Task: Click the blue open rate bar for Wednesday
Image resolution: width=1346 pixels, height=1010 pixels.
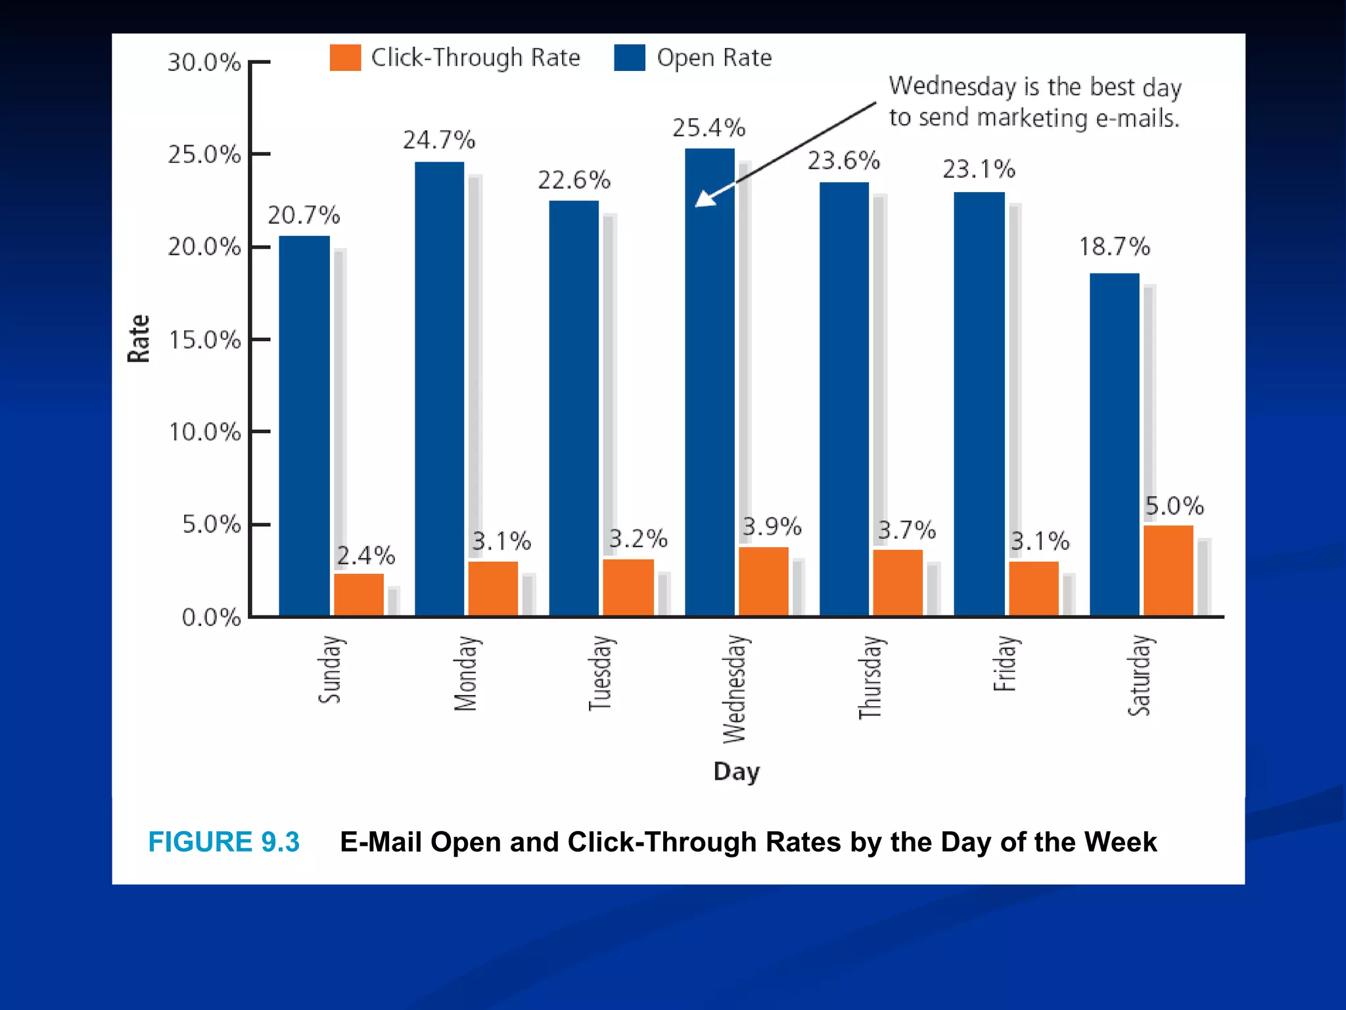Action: click(709, 395)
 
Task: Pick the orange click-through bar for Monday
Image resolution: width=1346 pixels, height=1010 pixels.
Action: click(493, 589)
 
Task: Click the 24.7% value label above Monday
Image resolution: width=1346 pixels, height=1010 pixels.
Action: click(438, 140)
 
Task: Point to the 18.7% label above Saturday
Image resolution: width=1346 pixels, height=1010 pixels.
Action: click(1114, 247)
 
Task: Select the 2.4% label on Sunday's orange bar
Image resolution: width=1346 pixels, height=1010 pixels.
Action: click(365, 556)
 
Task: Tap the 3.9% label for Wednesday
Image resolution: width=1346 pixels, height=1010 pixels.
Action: click(772, 527)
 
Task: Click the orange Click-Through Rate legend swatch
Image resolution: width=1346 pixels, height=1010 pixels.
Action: click(345, 58)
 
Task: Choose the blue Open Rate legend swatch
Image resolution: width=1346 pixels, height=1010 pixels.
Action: click(629, 58)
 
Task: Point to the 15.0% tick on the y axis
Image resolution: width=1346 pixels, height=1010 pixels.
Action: click(204, 340)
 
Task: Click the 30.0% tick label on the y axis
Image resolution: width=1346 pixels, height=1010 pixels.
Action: click(204, 62)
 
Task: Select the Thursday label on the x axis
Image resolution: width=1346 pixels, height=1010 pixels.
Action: click(871, 677)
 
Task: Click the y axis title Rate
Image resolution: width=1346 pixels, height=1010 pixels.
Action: click(139, 338)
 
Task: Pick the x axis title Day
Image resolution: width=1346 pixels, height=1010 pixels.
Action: click(736, 771)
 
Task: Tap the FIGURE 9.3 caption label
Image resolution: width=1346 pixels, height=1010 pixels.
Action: click(223, 842)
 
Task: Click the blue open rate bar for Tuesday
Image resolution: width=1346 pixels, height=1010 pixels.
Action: click(574, 408)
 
